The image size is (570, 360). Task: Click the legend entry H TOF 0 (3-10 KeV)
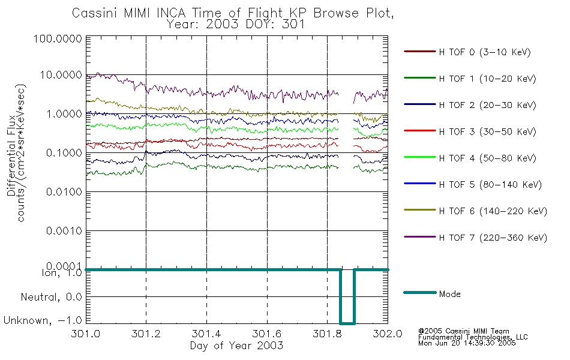[467, 52]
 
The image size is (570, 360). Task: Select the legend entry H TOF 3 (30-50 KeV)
[470, 131]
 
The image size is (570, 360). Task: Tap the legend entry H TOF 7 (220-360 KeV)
[475, 238]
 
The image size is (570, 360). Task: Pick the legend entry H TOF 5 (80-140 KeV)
[473, 184]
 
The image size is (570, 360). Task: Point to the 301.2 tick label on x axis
[146, 334]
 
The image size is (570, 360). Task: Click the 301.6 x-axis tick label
[267, 334]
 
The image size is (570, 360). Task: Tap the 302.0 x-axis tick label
[388, 334]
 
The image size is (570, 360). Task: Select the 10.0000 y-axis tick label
[61, 75]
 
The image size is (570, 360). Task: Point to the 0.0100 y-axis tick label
[64, 191]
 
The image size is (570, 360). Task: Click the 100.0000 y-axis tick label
[58, 38]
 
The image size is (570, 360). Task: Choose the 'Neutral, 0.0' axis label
[51, 297]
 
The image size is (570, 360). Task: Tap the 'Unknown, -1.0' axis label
[43, 320]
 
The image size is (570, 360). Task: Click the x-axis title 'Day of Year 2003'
[236, 346]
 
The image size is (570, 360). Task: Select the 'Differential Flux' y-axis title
[11, 155]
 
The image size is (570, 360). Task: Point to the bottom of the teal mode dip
[347, 323]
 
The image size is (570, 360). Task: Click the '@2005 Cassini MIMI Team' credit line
[464, 331]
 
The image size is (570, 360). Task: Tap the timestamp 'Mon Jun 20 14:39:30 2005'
[467, 343]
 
